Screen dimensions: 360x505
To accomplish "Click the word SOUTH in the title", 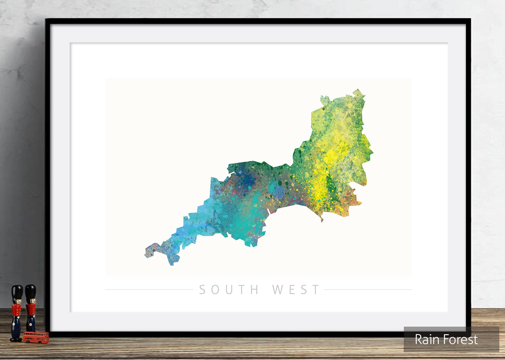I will click(229, 290).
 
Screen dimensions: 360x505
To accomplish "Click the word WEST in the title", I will click(296, 290).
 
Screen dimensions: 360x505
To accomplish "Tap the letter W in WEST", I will click(277, 290).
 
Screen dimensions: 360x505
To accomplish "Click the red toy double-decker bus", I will click(36, 337).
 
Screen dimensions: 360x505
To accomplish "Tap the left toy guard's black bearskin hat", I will click(17, 292).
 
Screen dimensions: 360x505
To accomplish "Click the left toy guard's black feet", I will click(16, 339).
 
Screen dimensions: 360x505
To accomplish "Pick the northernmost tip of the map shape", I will click(358, 89).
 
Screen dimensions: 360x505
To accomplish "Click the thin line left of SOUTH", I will click(149, 290).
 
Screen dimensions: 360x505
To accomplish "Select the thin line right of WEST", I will click(368, 290).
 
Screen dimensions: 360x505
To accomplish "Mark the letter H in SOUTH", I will click(255, 290).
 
